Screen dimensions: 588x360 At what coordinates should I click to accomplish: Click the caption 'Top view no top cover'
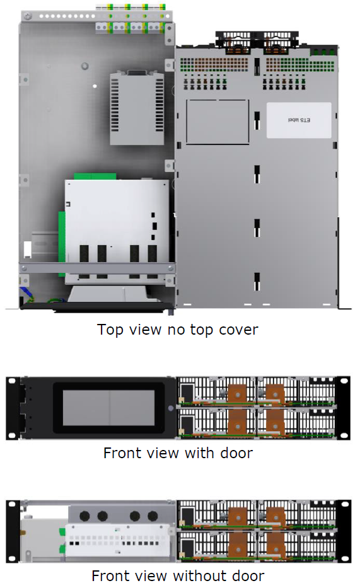(178, 330)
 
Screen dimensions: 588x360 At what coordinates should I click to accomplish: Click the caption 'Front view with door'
(178, 453)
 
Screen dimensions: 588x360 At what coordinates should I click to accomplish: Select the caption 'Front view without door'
(178, 575)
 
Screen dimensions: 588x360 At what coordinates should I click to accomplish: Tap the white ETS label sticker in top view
(298, 120)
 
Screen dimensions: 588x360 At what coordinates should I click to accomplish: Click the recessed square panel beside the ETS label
(218, 122)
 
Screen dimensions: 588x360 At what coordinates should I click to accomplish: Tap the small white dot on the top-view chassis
(95, 86)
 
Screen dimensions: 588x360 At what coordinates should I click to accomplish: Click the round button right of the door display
(170, 408)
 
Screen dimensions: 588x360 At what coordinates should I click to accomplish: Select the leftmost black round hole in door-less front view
(85, 516)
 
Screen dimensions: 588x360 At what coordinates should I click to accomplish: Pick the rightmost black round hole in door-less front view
(152, 516)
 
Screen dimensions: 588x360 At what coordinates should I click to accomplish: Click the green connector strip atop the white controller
(95, 176)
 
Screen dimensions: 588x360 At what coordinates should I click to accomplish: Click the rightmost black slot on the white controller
(152, 253)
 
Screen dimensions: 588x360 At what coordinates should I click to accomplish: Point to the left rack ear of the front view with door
(11, 408)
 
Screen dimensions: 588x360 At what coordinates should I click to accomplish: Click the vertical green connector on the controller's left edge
(61, 236)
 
